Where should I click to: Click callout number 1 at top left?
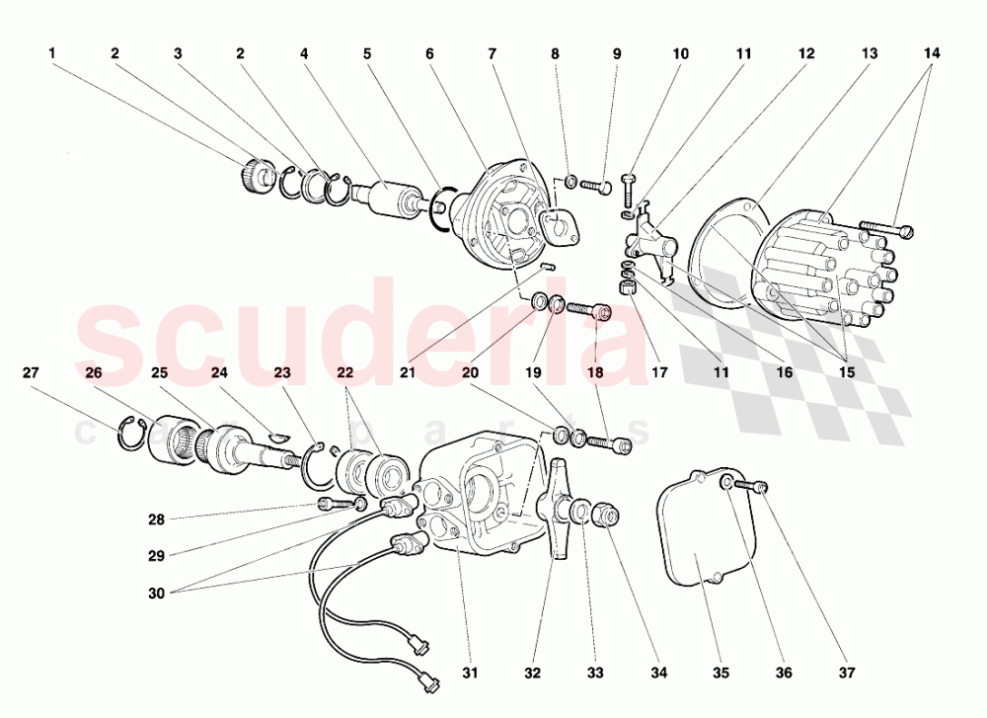[x=51, y=54]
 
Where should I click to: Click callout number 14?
[x=933, y=54]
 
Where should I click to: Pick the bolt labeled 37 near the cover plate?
[x=758, y=486]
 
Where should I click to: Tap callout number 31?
[x=471, y=674]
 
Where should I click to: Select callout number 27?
[x=31, y=373]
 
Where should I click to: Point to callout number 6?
[x=430, y=54]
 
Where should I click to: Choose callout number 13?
[x=870, y=54]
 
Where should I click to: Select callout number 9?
[x=617, y=54]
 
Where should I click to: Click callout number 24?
[x=219, y=373]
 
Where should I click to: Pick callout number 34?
[x=659, y=674]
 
